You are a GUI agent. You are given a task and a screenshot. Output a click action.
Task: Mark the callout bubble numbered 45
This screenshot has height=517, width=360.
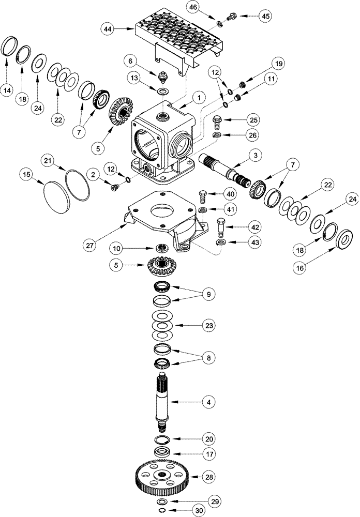pos(265,16)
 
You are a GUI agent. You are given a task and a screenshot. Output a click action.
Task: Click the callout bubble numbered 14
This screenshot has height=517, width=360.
pos(8,91)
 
